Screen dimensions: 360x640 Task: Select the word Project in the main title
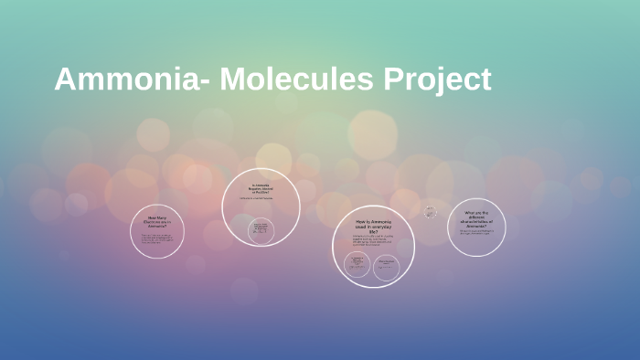click(x=439, y=79)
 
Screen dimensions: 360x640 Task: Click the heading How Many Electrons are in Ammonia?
click(x=158, y=222)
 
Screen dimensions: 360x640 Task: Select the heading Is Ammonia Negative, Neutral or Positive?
click(x=261, y=188)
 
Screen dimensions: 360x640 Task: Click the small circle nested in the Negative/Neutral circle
click(x=261, y=229)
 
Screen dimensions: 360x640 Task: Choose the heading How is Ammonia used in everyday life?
click(x=373, y=227)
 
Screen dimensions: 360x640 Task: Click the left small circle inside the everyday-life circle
click(x=357, y=265)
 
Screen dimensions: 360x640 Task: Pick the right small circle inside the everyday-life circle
click(x=386, y=266)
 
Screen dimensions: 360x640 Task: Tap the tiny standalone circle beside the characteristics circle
click(x=430, y=212)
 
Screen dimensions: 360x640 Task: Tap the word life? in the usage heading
click(x=373, y=232)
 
